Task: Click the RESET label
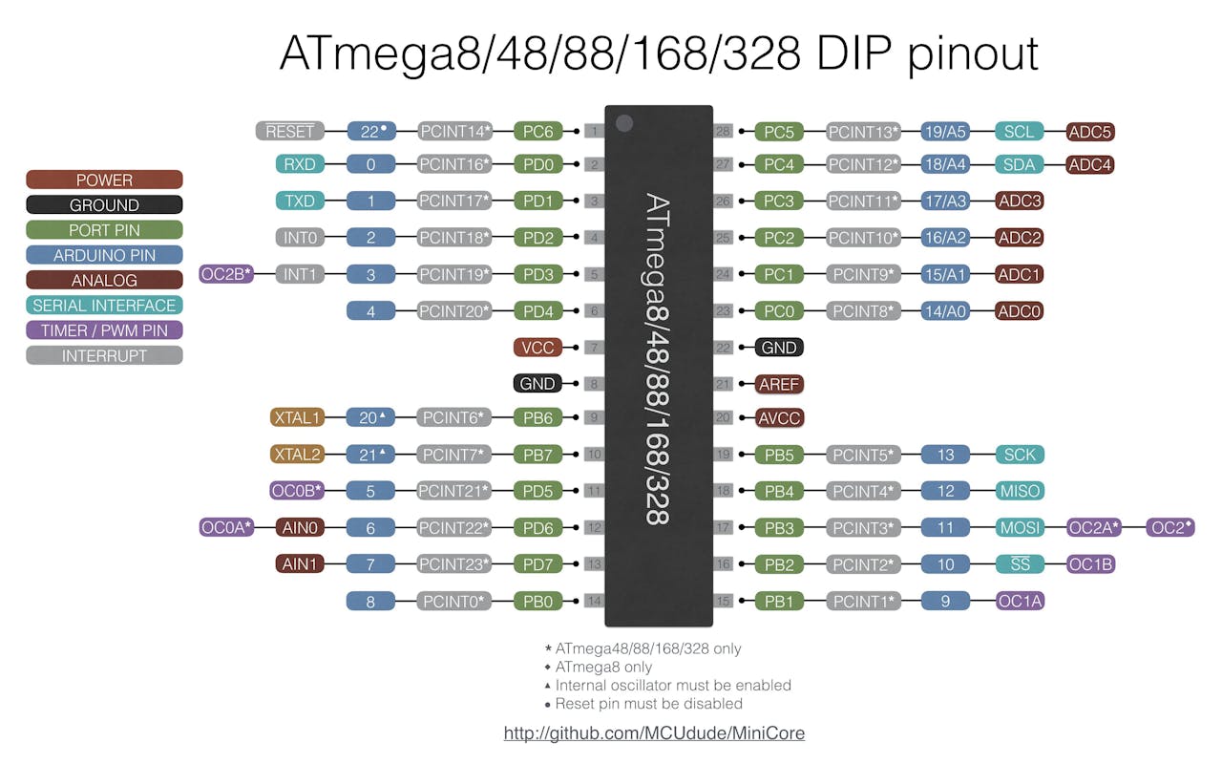pyautogui.click(x=290, y=132)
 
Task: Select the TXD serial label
pyautogui.click(x=300, y=201)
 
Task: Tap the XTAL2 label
pyautogui.click(x=298, y=455)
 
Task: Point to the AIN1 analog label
pyautogui.click(x=299, y=563)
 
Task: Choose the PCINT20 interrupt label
pyautogui.click(x=454, y=310)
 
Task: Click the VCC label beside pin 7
pyautogui.click(x=537, y=348)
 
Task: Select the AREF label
pyautogui.click(x=779, y=384)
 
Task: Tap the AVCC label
pyautogui.click(x=779, y=418)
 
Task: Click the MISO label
pyautogui.click(x=1019, y=491)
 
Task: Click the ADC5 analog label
pyautogui.click(x=1090, y=132)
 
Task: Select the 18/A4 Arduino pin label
pyautogui.click(x=945, y=164)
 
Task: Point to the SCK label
pyautogui.click(x=1019, y=455)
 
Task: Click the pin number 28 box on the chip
pyautogui.click(x=724, y=131)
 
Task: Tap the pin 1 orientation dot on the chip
pyautogui.click(x=624, y=122)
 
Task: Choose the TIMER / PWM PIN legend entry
pyautogui.click(x=104, y=330)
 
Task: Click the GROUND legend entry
pyautogui.click(x=104, y=204)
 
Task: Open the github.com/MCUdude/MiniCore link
pyautogui.click(x=654, y=733)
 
